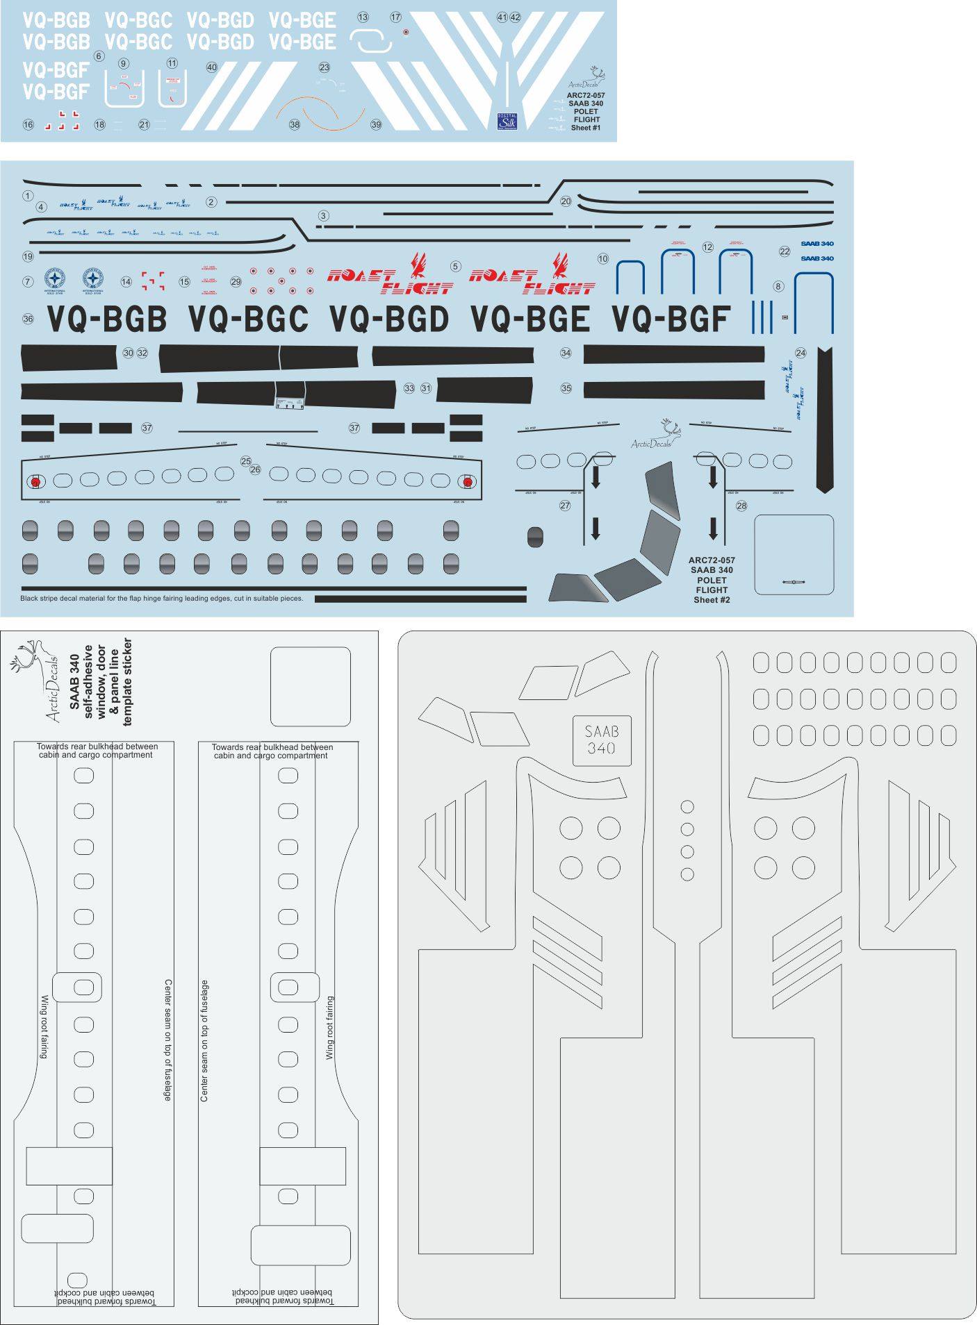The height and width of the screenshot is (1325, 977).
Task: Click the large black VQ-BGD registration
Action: click(389, 319)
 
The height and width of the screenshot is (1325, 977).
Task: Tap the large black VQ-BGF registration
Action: click(671, 319)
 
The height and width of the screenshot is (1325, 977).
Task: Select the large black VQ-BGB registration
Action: click(108, 319)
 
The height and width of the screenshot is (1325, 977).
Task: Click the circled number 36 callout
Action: click(28, 319)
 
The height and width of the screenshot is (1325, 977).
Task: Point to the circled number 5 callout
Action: click(455, 267)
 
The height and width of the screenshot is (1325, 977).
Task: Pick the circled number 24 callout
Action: click(801, 353)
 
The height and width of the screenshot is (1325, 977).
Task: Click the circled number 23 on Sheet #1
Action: click(325, 67)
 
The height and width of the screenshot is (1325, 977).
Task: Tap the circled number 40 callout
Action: click(212, 67)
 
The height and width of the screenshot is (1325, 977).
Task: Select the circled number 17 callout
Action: click(395, 17)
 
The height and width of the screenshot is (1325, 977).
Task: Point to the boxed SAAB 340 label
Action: click(602, 740)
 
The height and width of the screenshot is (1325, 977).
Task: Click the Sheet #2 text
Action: click(712, 599)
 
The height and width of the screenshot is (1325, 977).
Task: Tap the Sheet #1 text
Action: click(586, 128)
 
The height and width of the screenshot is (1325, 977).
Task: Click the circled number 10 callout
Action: click(602, 258)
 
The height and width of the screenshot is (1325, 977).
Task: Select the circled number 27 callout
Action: click(565, 506)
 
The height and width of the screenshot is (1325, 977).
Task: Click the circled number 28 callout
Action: click(741, 506)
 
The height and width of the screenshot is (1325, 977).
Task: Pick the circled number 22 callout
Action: click(785, 251)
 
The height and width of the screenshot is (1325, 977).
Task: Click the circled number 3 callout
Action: click(323, 216)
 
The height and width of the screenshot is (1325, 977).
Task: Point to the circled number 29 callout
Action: click(236, 281)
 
